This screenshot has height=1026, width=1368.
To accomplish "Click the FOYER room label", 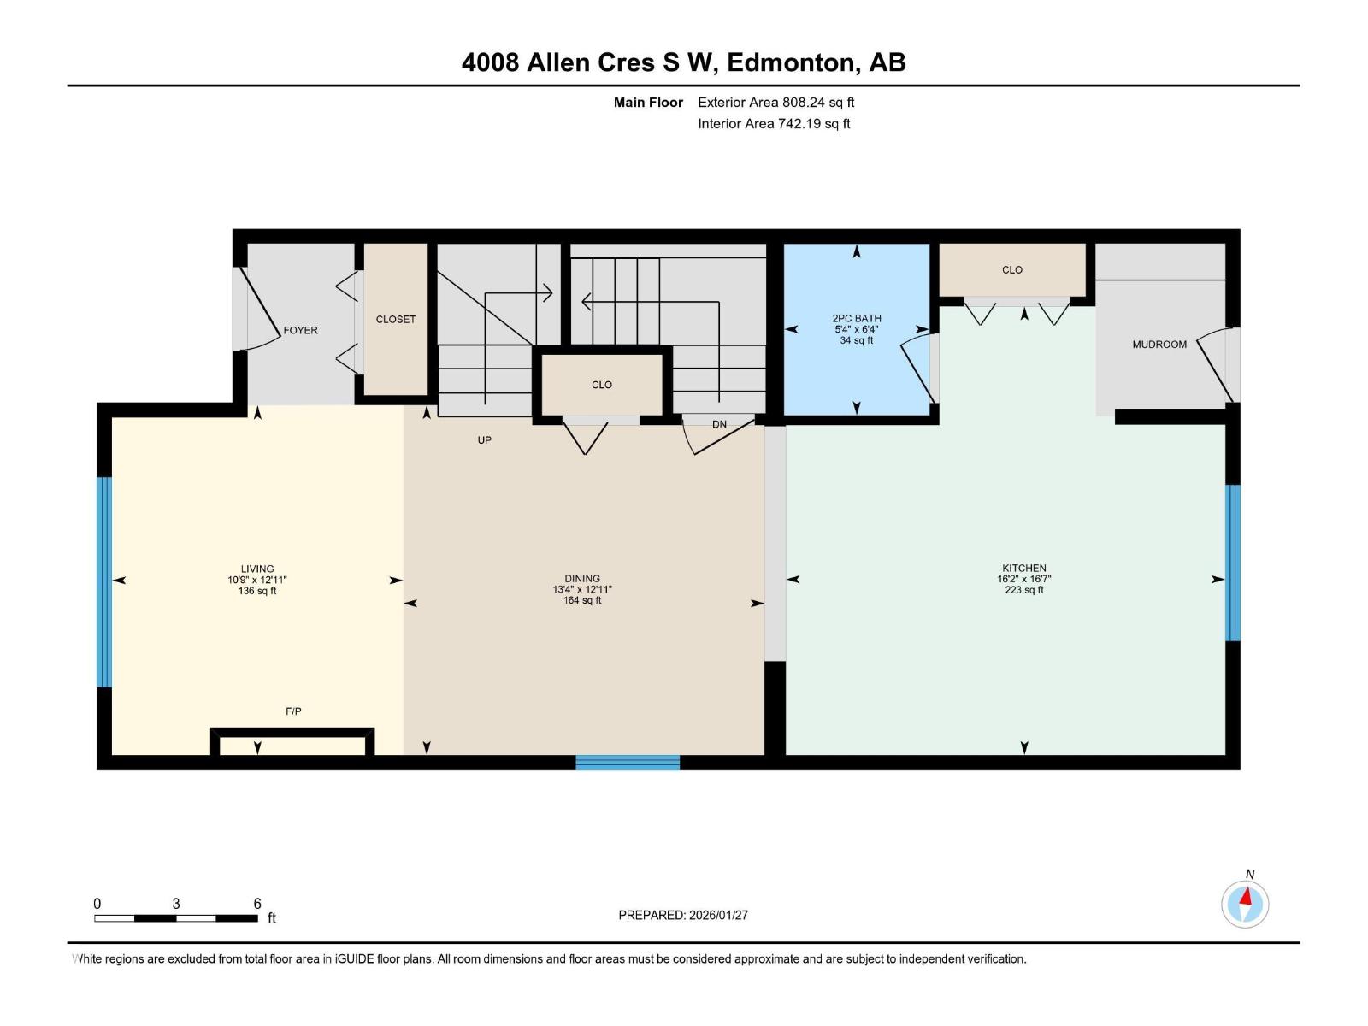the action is click(300, 330).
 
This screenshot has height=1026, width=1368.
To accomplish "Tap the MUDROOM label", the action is click(1159, 345).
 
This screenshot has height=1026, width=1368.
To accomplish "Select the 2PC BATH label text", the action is click(857, 318).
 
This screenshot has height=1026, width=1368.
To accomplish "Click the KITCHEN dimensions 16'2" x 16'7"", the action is click(1024, 579).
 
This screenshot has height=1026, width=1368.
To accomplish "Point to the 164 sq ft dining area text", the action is click(582, 600).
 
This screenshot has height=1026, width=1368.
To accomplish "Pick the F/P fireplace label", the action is click(293, 711).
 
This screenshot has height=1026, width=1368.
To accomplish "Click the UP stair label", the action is click(484, 440).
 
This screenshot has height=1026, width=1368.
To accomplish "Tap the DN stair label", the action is click(719, 424).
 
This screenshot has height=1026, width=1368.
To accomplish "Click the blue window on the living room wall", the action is click(104, 582).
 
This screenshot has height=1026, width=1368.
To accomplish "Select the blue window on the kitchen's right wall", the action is click(1232, 563).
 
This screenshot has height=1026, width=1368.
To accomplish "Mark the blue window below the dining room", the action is click(627, 763).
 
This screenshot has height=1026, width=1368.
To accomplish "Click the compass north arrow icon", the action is click(1245, 905).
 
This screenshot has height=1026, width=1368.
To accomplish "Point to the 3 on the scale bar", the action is click(176, 903).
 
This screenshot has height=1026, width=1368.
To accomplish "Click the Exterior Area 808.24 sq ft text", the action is click(776, 102).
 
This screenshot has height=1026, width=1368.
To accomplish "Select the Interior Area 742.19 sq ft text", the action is click(774, 123).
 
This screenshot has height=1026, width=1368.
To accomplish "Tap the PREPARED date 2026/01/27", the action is click(718, 915).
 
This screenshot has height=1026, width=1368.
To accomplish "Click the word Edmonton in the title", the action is click(791, 63).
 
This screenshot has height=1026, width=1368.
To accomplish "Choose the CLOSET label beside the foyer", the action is click(395, 320).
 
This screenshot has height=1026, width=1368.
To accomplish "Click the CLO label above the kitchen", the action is click(1012, 269).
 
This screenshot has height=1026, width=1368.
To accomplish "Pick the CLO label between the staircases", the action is click(601, 385).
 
